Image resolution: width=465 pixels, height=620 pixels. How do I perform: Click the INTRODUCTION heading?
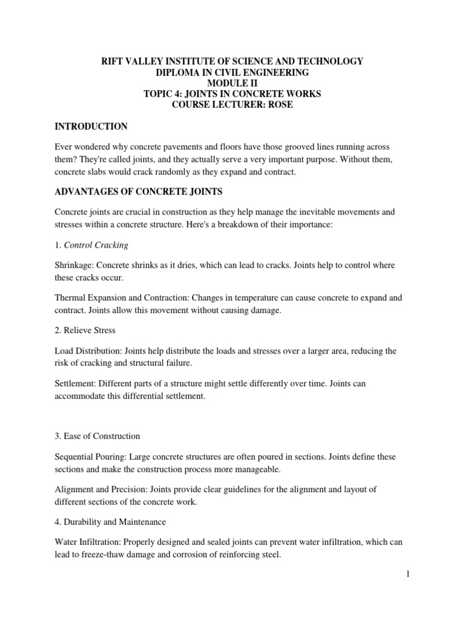coord(91,127)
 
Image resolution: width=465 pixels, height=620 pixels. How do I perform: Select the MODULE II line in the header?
coord(232,83)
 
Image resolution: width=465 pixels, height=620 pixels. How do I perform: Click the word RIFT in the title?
coord(113,61)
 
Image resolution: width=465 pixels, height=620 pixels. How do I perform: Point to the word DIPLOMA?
coord(179,72)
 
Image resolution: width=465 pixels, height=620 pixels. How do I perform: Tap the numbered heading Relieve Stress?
coord(89,331)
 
